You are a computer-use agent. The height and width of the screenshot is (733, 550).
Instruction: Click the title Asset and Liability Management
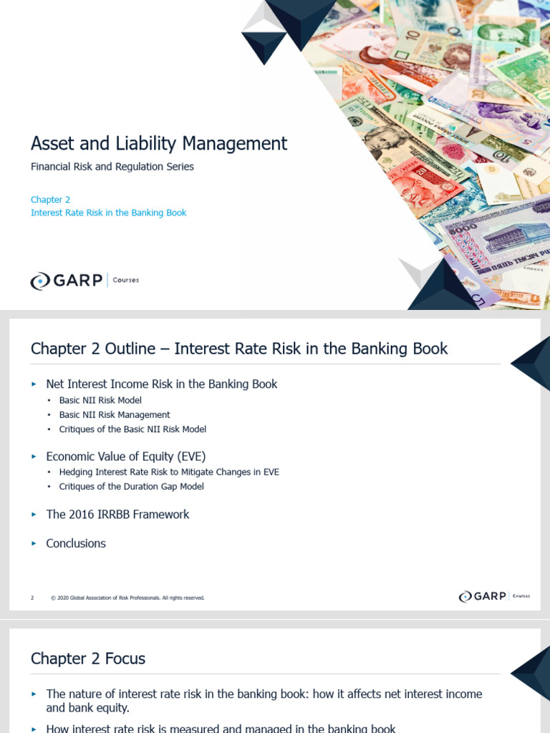(159, 143)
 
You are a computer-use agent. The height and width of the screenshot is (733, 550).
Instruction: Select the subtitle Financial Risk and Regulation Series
(112, 167)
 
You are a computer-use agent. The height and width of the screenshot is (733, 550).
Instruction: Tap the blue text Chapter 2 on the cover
(50, 200)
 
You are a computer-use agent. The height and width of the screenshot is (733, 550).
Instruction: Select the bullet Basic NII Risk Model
(100, 400)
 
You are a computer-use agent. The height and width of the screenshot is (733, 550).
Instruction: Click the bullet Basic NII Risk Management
(115, 414)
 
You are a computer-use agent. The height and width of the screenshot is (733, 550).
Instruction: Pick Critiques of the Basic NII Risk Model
(132, 429)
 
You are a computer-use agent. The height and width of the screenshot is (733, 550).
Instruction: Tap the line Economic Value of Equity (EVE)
(126, 456)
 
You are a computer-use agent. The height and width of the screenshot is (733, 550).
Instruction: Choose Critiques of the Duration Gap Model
(132, 487)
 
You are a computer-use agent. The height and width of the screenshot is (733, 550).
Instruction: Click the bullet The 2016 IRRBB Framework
(117, 515)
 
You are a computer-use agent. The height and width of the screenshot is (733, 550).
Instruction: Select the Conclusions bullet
(76, 543)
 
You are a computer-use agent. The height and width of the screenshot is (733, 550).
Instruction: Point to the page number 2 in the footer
(32, 598)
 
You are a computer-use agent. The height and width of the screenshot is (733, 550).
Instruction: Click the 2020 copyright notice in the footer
(128, 598)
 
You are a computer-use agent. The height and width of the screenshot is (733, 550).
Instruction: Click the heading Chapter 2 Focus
(88, 659)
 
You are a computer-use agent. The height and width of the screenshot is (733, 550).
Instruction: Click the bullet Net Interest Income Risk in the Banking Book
(161, 384)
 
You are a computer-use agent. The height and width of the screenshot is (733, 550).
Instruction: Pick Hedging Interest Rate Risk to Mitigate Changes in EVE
(169, 472)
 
